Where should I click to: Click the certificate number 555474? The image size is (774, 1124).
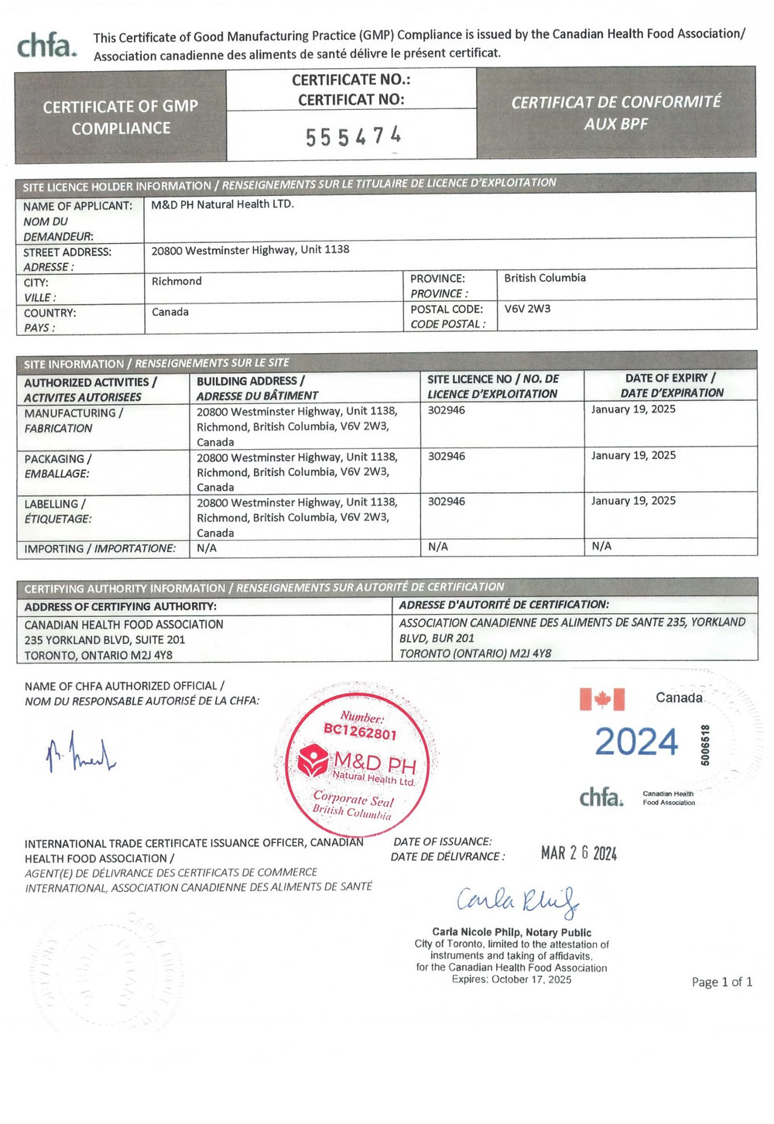[353, 136]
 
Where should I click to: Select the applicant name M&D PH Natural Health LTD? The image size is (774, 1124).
[222, 204]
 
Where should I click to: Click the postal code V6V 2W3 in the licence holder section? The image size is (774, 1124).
[527, 309]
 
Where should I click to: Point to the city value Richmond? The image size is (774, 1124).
[176, 281]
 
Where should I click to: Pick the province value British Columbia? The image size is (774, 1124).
[545, 278]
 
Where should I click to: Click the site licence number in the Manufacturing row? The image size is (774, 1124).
[447, 410]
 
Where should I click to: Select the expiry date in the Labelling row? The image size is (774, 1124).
[633, 501]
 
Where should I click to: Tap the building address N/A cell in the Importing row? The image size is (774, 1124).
[207, 548]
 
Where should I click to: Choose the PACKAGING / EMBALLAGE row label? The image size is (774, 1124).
[58, 466]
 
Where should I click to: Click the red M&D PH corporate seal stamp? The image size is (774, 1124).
[357, 760]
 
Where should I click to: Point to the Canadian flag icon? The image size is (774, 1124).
[601, 699]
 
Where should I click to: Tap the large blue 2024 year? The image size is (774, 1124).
[636, 742]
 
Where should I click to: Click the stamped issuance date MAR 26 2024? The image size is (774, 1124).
[579, 853]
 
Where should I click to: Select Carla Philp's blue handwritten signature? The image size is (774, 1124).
[517, 901]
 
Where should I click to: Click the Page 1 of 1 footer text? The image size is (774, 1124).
[721, 982]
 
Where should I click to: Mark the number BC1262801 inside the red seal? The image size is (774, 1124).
[360, 731]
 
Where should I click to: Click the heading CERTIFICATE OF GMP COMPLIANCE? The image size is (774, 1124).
[121, 117]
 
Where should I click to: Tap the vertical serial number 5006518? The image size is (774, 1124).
[705, 745]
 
